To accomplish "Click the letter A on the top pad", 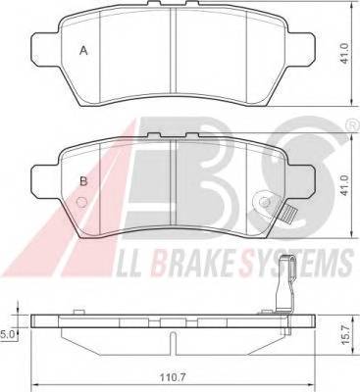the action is point(84,51).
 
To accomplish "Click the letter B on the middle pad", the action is point(83,181).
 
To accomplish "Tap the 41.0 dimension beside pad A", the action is point(346,54).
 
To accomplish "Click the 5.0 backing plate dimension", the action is point(6,334).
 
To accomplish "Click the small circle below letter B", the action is point(81,203).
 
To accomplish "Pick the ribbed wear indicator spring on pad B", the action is point(289,215).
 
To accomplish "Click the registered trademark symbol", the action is point(351,125).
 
